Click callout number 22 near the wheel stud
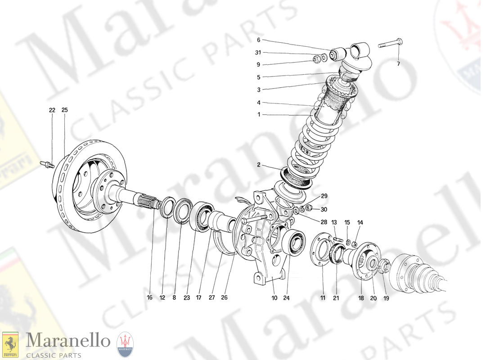click(52, 110)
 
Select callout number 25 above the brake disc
click(64, 110)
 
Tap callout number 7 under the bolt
click(398, 63)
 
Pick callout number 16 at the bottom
click(150, 297)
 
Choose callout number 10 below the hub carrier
click(274, 297)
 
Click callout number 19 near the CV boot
click(386, 297)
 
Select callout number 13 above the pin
click(334, 222)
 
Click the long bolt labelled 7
click(390, 44)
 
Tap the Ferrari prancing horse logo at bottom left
click(10, 343)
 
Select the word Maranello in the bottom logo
click(68, 341)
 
